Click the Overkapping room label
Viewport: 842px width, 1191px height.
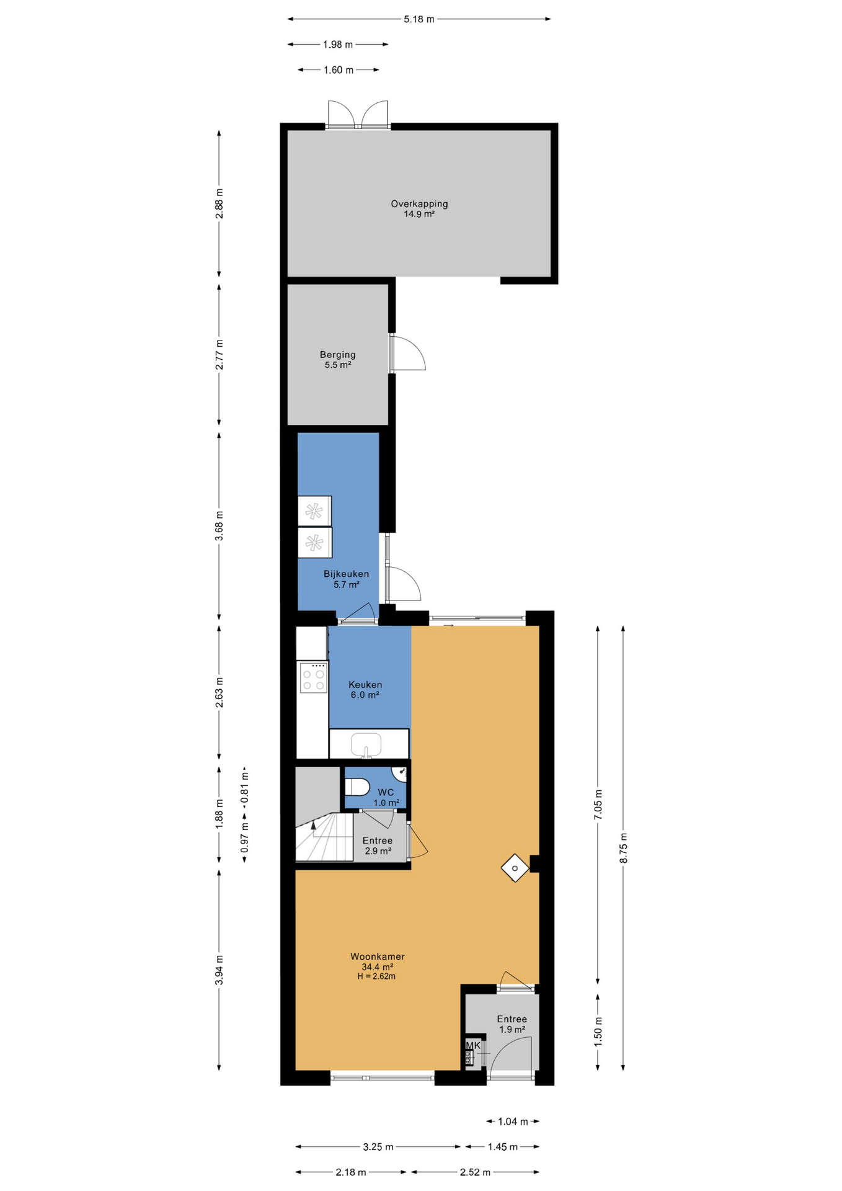coord(419,203)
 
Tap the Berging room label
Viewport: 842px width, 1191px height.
coord(338,355)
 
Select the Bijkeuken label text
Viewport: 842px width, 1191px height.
coord(346,574)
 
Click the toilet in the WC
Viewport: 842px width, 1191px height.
coord(357,787)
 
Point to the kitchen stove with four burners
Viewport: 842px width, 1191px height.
coord(313,677)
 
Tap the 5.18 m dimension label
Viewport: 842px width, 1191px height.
coord(419,19)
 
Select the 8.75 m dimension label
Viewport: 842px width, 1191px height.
coord(624,848)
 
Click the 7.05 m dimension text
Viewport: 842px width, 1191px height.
coord(598,805)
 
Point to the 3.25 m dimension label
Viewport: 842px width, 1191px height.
coord(378,1147)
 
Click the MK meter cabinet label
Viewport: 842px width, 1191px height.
coord(473,1045)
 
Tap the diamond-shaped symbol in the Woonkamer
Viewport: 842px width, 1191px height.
coord(515,868)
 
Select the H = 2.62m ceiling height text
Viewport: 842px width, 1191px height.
coord(376,976)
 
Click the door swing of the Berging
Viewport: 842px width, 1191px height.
coord(409,354)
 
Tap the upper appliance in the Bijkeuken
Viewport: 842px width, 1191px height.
coord(314,511)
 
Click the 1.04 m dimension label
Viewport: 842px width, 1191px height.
coord(513,1122)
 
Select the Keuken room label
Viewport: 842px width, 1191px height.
coord(365,685)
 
